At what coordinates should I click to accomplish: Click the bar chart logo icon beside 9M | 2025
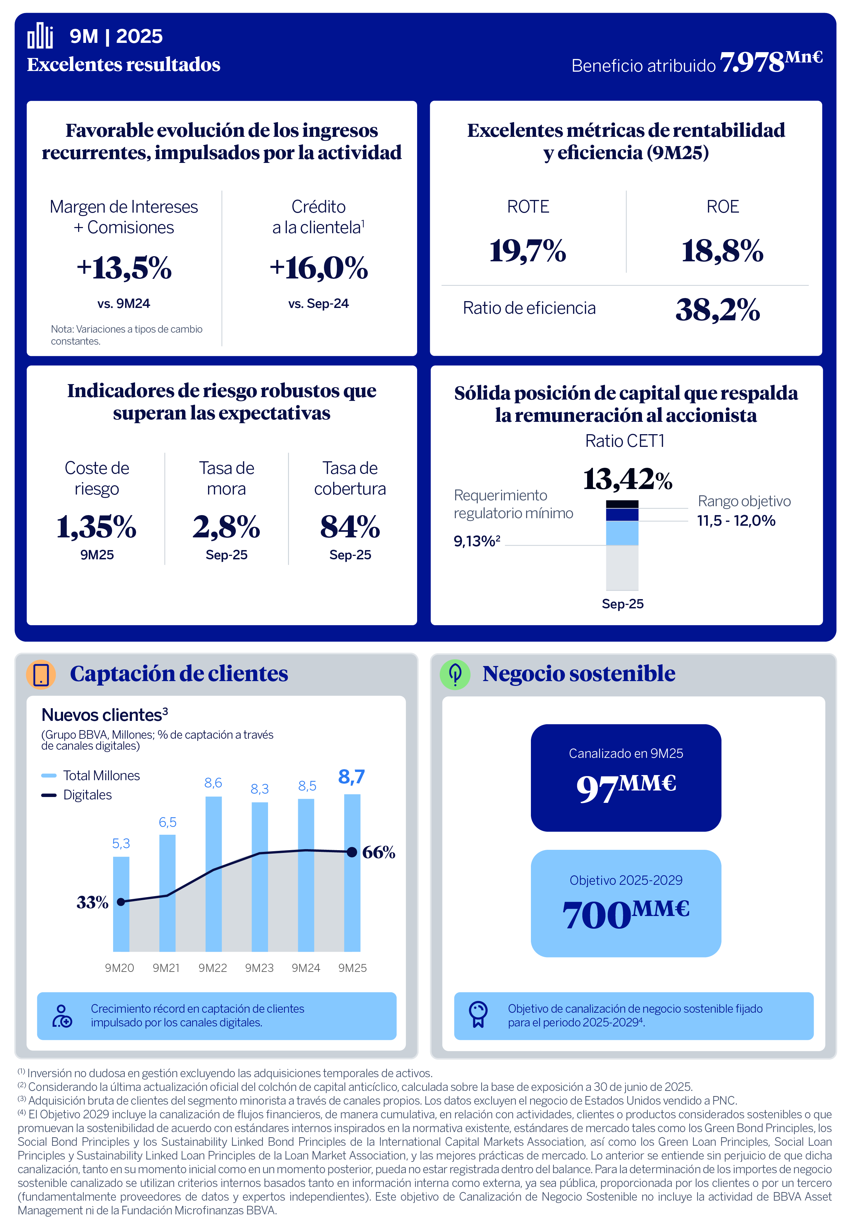pyautogui.click(x=40, y=36)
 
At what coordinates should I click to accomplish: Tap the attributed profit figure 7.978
pyautogui.click(x=752, y=63)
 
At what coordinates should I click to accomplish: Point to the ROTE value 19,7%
pyautogui.click(x=527, y=250)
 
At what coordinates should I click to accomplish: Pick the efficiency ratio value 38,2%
pyautogui.click(x=717, y=310)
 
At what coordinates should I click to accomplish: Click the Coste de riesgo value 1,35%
pyautogui.click(x=96, y=527)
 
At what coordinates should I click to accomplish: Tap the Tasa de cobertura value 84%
pyautogui.click(x=350, y=527)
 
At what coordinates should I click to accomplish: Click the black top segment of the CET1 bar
pyautogui.click(x=622, y=504)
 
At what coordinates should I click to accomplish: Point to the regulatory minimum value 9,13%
pyautogui.click(x=476, y=542)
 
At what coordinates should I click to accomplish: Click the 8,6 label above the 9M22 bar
pyautogui.click(x=213, y=783)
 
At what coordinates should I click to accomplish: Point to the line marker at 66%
pyautogui.click(x=352, y=852)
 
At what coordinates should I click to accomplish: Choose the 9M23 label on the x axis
pyautogui.click(x=259, y=968)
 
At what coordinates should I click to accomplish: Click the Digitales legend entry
pyautogui.click(x=87, y=795)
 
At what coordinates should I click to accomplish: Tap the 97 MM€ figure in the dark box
pyautogui.click(x=626, y=787)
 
